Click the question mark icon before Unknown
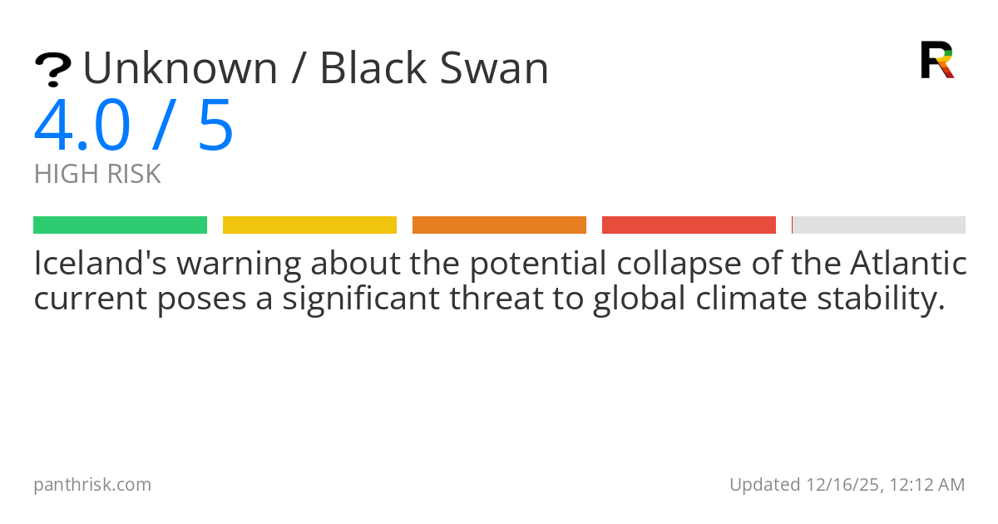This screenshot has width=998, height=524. [x=52, y=70]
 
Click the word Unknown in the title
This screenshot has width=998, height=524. [x=180, y=68]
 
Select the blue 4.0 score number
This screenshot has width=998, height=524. [x=82, y=126]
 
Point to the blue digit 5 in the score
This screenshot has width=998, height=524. [x=216, y=126]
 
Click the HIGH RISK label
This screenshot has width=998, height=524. [x=97, y=175]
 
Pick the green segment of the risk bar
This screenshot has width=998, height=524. [x=120, y=225]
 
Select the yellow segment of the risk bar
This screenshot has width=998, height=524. [x=309, y=225]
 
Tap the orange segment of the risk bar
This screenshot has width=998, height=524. [x=499, y=225]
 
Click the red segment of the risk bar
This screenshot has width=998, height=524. [x=689, y=225]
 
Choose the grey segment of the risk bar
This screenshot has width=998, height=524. [x=879, y=225]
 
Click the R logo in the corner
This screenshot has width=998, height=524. [x=936, y=60]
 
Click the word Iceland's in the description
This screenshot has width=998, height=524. [x=98, y=264]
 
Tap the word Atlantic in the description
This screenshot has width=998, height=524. [x=908, y=264]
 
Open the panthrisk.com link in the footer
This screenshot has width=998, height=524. [x=92, y=484]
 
